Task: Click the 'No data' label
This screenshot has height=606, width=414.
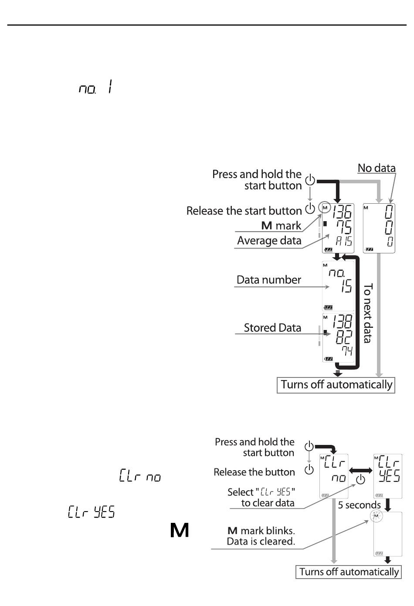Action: (377, 168)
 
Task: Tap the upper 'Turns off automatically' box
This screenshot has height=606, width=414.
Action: (336, 385)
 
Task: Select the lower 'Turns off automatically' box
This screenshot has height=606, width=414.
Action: (349, 572)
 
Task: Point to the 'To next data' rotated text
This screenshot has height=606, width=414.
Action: (368, 313)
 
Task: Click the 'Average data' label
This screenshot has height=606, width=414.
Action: (269, 240)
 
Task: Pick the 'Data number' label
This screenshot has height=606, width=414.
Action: (268, 280)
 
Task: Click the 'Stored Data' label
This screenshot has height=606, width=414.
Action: (272, 328)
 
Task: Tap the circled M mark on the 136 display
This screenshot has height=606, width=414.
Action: (325, 208)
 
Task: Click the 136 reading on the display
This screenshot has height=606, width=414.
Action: (342, 212)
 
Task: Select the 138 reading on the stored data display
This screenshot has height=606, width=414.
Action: (343, 321)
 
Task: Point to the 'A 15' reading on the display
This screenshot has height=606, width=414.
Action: (344, 241)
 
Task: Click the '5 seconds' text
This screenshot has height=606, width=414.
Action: (359, 505)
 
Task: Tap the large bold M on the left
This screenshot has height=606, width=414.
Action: (180, 530)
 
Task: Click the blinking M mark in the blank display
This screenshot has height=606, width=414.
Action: (376, 516)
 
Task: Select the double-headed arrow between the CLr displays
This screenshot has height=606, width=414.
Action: (361, 471)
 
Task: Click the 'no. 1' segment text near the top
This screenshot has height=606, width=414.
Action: (95, 87)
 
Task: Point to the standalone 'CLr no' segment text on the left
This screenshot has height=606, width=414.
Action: (140, 475)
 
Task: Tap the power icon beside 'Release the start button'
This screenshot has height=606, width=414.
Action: (310, 209)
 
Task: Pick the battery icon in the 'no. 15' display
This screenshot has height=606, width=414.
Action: (328, 307)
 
